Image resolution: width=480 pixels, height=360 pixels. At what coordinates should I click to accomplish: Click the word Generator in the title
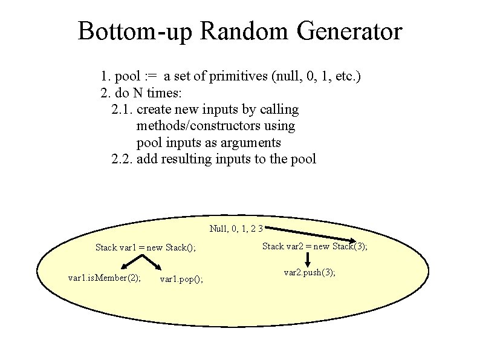(349, 31)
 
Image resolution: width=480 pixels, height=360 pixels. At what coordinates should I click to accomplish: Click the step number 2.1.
(123, 110)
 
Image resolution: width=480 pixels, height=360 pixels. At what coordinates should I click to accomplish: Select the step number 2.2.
(123, 159)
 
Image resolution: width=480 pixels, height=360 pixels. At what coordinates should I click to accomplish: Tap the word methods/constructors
(216, 126)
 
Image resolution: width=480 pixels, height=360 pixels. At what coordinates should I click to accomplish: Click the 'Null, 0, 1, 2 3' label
(236, 228)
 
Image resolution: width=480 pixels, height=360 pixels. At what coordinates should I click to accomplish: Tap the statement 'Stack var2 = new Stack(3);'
(314, 246)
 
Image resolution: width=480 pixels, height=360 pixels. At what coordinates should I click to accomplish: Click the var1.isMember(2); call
(105, 278)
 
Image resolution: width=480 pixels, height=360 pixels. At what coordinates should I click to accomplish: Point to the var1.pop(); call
(181, 280)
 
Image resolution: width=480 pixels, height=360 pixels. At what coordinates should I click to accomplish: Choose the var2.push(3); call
(310, 273)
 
